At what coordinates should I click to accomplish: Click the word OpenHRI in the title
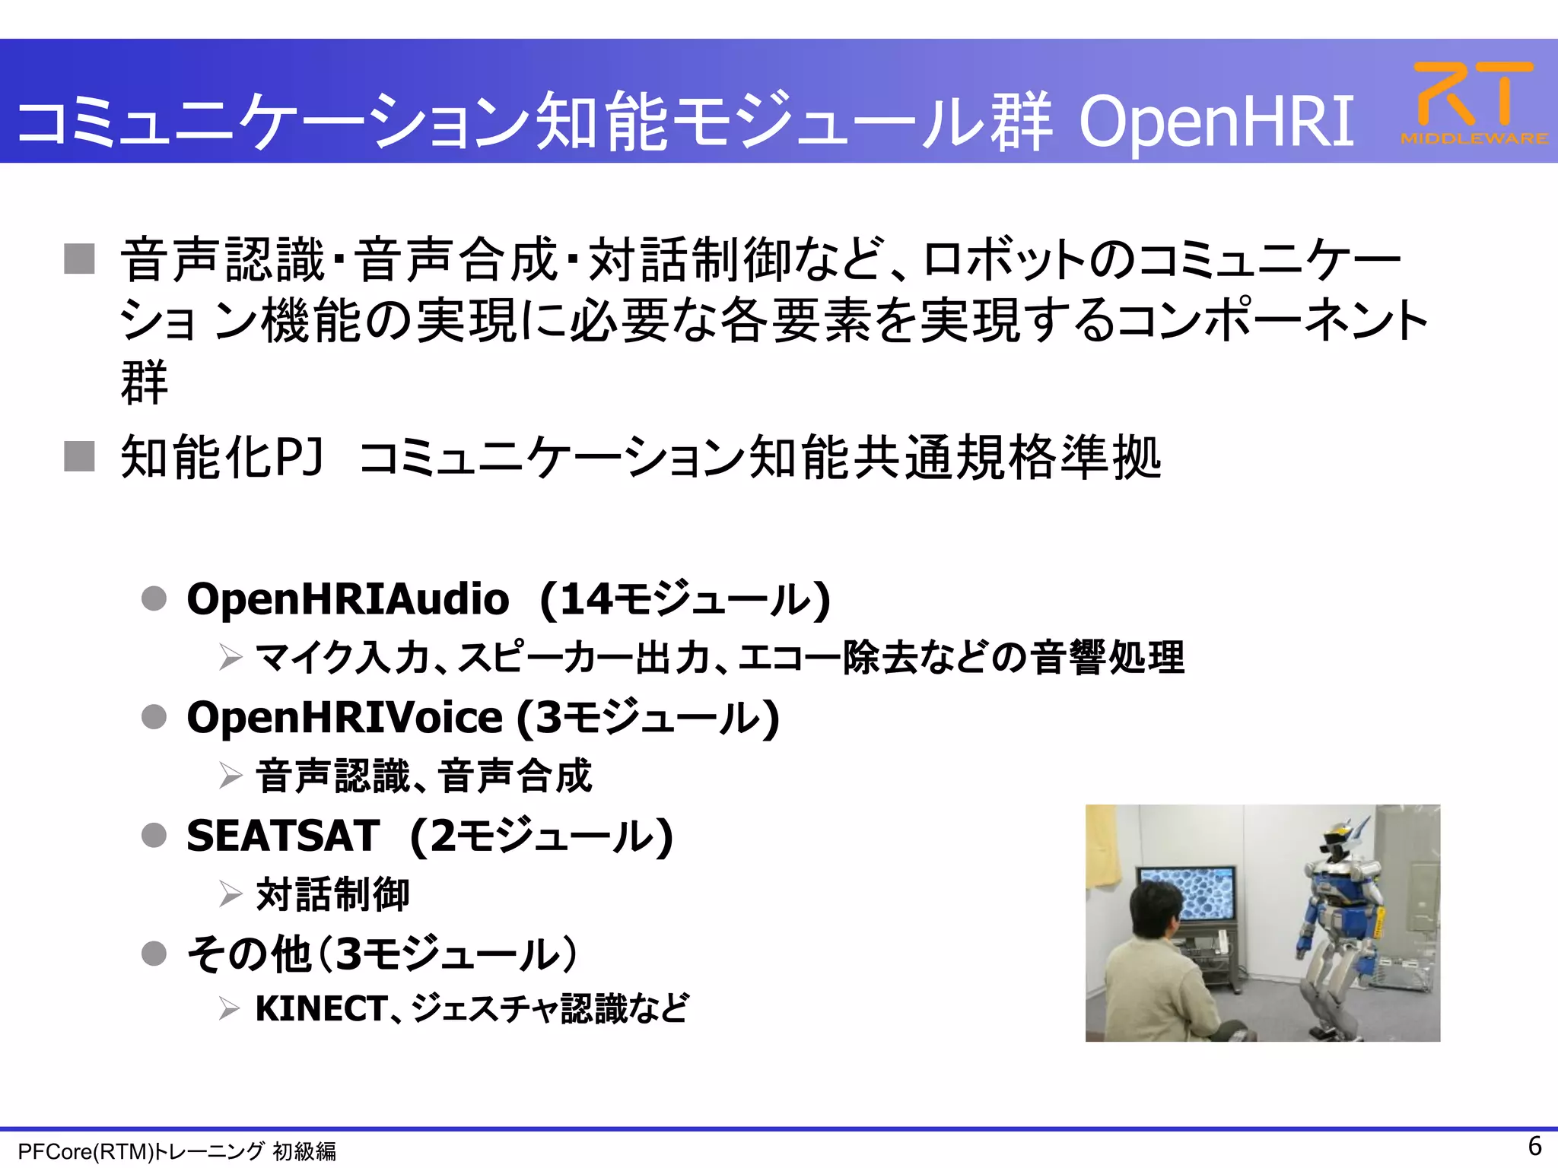[1216, 122]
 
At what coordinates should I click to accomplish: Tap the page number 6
[1534, 1145]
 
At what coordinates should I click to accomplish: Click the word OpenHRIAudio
[348, 599]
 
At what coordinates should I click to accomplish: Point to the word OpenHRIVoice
[345, 718]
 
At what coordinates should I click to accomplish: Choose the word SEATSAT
[283, 836]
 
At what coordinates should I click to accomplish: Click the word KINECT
[321, 1009]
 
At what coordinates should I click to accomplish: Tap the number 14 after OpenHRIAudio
[586, 599]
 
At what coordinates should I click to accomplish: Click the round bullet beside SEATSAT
[154, 836]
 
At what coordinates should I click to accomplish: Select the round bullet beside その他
[154, 954]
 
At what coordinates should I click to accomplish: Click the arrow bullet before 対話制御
[231, 894]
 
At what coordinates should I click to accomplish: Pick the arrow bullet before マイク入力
[231, 657]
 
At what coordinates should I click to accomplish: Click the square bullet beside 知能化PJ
[80, 456]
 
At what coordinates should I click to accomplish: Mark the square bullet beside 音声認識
[80, 259]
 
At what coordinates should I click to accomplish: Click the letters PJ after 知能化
[298, 457]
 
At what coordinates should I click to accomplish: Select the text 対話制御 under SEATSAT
[332, 894]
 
